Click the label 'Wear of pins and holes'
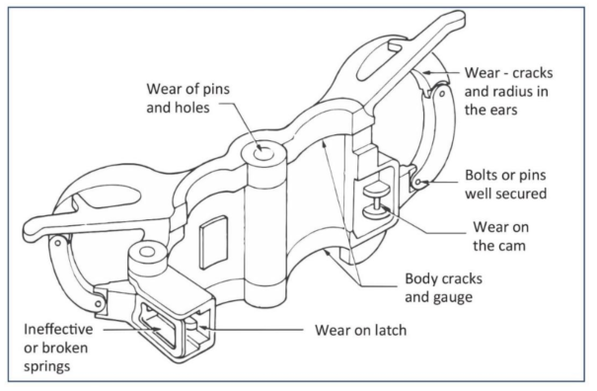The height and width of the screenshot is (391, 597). coord(188,98)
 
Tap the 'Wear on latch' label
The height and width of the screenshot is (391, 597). coord(360,330)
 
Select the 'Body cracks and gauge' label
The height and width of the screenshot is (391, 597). coord(444,287)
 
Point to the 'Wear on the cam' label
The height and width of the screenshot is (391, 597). coord(500,236)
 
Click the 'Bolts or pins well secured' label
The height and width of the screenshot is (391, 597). coord(505,185)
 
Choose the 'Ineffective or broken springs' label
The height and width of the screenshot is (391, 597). coord(58,348)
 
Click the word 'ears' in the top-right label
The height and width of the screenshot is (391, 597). coord(503,111)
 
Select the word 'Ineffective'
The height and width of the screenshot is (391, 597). coord(58,329)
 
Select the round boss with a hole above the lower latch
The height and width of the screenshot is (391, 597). coord(147,255)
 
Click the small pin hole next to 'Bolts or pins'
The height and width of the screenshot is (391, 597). coord(418,182)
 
